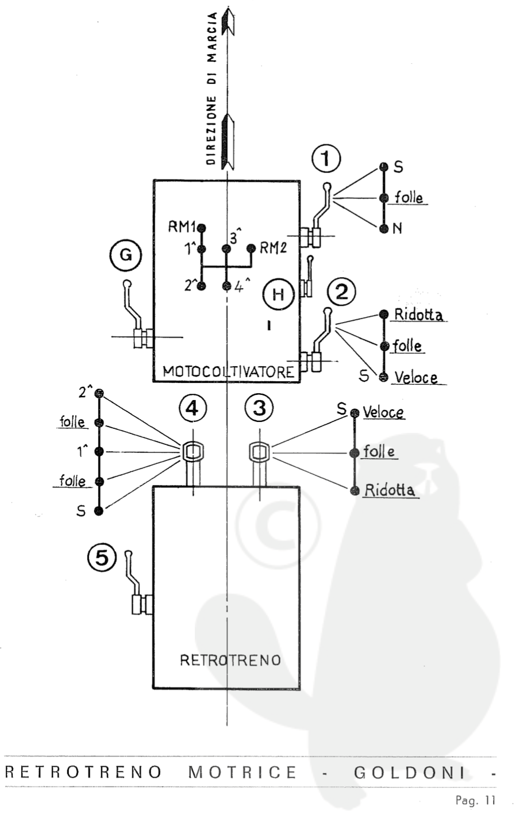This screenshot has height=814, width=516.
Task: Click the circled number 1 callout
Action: coord(326,159)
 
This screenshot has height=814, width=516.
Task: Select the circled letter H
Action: coord(278,295)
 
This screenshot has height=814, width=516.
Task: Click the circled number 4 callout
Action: coord(192,408)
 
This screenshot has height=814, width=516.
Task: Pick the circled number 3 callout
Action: coord(259,408)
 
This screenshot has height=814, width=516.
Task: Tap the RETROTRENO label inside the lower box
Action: coord(230,660)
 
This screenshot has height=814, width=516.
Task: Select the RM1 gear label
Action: coord(182,226)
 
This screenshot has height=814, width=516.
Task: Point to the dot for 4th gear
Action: coord(226,286)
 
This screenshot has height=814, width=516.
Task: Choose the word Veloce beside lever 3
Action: coord(383,412)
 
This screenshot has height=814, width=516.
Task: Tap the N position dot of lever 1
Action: coord(384,228)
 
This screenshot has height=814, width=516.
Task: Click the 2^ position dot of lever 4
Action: coord(99,394)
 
